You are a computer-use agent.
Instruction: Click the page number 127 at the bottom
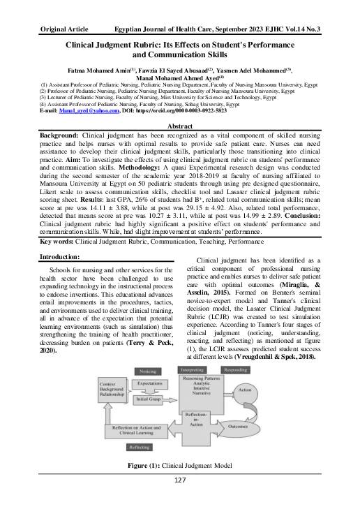click(180, 499)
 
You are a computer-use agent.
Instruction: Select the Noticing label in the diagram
click(147, 371)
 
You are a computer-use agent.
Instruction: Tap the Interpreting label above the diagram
click(192, 369)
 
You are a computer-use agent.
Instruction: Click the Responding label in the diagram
click(235, 369)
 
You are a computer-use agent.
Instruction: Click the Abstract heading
click(179, 124)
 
